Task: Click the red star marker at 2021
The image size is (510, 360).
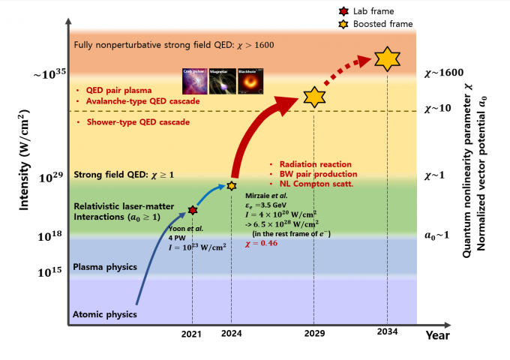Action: pos(193,210)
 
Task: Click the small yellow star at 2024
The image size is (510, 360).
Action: pos(232,185)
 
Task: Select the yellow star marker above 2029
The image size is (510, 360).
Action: pos(313,96)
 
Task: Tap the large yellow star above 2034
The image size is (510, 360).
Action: pos(387,58)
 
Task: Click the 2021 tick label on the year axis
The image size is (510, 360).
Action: pos(192,335)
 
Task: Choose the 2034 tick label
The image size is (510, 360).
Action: pos(387,335)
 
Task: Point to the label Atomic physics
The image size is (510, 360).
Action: pos(104,313)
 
